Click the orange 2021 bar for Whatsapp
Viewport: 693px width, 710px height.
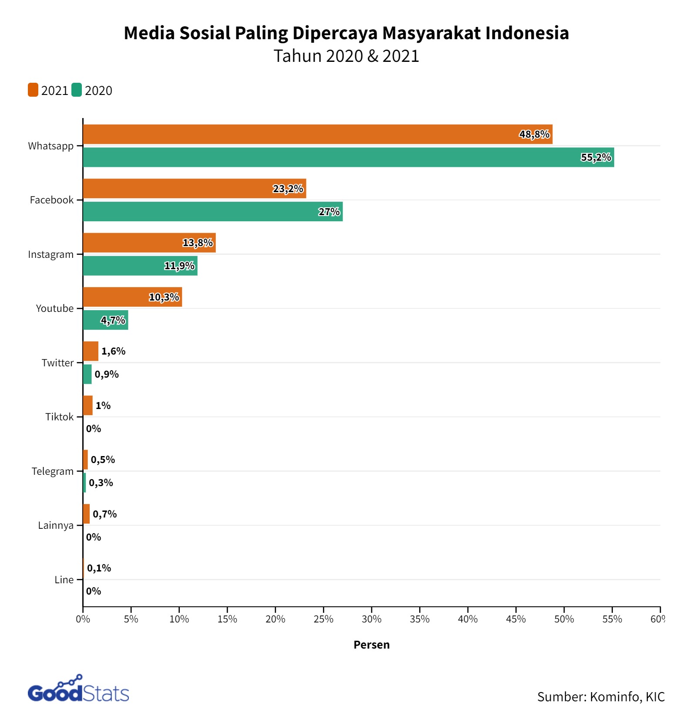pyautogui.click(x=317, y=134)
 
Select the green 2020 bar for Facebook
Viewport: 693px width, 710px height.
pyautogui.click(x=212, y=212)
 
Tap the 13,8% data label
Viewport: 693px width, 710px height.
pyautogui.click(x=198, y=243)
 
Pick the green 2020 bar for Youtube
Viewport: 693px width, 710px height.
pyautogui.click(x=105, y=320)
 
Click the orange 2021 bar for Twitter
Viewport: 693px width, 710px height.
pyautogui.click(x=91, y=351)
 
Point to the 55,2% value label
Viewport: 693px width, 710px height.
pyautogui.click(x=596, y=158)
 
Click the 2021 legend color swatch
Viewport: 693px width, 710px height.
pyautogui.click(x=33, y=90)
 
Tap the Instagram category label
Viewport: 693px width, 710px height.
pyautogui.click(x=51, y=254)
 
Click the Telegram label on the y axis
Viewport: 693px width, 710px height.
pyautogui.click(x=53, y=471)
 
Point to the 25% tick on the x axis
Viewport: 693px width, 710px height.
pyautogui.click(x=323, y=619)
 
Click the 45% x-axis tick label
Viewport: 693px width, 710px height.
pyautogui.click(x=516, y=619)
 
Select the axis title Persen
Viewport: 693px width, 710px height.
pyautogui.click(x=371, y=645)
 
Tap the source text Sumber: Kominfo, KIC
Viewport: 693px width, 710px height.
pyautogui.click(x=601, y=696)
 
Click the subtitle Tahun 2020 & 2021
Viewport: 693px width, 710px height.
pyautogui.click(x=346, y=56)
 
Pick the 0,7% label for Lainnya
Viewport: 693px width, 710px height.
pyautogui.click(x=104, y=514)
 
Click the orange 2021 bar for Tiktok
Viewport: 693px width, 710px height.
pyautogui.click(x=87, y=406)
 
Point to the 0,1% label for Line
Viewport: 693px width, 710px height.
pyautogui.click(x=99, y=568)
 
